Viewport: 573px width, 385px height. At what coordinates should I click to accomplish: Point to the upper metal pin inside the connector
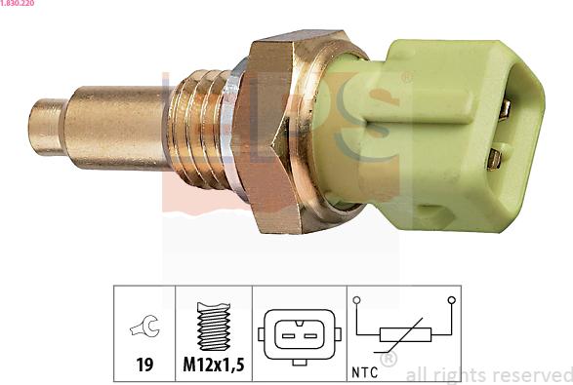click(503, 109)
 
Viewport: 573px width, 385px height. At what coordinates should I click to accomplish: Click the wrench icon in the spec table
click(143, 329)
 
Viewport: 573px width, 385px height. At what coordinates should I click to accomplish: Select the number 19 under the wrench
click(143, 367)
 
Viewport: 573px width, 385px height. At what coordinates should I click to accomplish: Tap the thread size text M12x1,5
click(213, 367)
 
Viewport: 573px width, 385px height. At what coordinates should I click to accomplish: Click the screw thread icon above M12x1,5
click(213, 327)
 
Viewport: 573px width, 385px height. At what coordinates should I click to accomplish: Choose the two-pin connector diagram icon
click(299, 335)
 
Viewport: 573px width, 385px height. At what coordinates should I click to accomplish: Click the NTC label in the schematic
click(364, 370)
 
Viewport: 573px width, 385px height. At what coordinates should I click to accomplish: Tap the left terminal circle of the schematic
click(357, 301)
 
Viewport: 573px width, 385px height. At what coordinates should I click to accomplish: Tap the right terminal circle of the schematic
click(450, 301)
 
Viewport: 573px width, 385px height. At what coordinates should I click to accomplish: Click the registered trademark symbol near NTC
click(388, 361)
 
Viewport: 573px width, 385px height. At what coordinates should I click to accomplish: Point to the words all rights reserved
click(488, 374)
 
